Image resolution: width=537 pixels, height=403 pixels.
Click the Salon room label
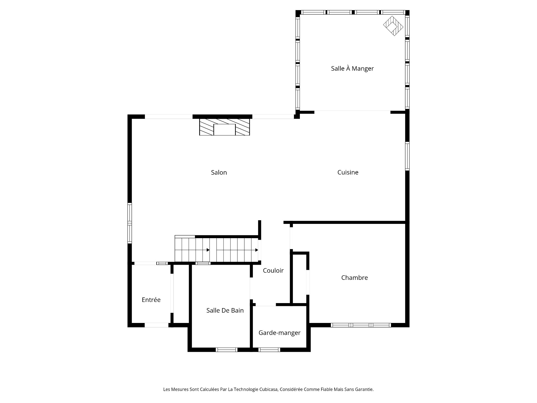click(219, 172)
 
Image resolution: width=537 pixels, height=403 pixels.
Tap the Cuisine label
click(348, 172)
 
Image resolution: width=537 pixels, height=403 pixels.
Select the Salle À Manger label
click(352, 68)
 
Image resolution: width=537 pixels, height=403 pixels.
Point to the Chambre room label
click(354, 278)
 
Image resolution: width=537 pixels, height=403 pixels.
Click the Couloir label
click(273, 270)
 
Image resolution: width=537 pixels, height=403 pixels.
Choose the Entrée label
click(151, 300)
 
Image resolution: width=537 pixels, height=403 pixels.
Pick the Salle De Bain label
click(225, 310)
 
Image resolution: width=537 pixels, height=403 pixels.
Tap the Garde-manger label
click(279, 333)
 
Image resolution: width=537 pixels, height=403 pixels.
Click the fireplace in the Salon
click(225, 127)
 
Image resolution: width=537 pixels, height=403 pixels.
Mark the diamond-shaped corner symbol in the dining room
click(393, 26)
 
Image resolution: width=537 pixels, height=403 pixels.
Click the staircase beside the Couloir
click(217, 250)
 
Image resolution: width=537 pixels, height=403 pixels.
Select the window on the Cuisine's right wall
click(407, 156)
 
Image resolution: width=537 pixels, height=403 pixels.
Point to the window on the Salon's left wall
click(129, 223)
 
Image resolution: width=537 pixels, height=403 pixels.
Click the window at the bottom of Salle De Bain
click(227, 350)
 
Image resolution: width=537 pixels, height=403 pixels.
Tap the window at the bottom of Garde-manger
click(269, 350)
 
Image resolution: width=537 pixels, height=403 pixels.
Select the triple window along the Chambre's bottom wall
click(361, 325)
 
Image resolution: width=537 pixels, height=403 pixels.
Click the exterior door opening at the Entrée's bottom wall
click(157, 325)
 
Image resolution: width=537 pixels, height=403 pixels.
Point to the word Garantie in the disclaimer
click(364, 389)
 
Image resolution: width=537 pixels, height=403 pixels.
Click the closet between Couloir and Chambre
click(300, 278)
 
